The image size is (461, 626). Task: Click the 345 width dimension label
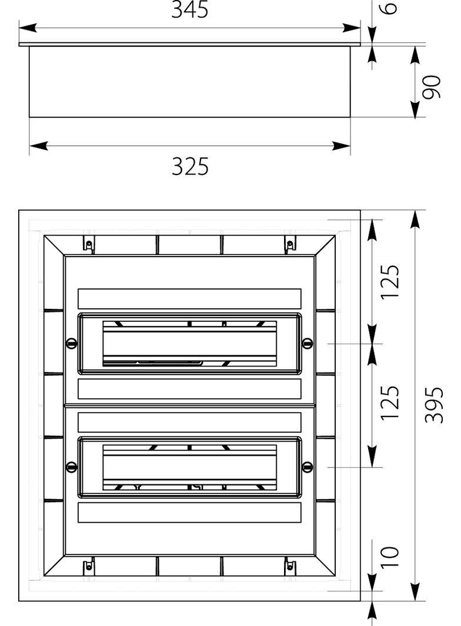(190, 9)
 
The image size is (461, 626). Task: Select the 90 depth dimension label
(432, 87)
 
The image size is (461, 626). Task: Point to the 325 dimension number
(191, 166)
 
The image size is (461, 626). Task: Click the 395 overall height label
(434, 405)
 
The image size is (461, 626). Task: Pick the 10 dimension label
(389, 557)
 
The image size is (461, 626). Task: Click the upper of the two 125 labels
(389, 281)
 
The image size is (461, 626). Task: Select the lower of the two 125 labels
(389, 402)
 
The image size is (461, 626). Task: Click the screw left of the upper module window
(72, 343)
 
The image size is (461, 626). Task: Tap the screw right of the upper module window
(307, 343)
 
